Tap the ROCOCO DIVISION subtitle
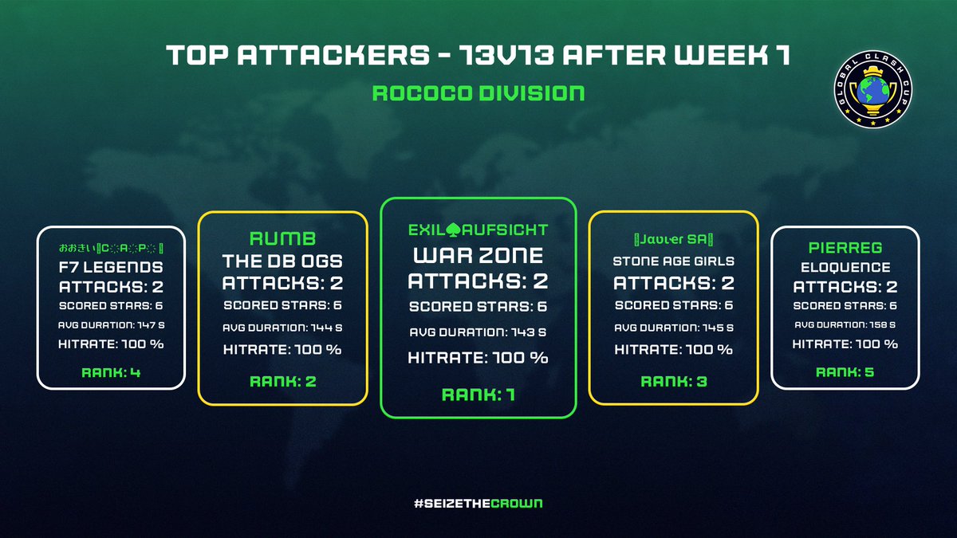click(478, 92)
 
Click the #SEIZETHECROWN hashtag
click(478, 504)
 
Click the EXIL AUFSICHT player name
click(478, 230)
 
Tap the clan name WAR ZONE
click(478, 257)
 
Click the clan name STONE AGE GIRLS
click(674, 261)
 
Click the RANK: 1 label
click(478, 394)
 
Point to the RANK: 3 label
click(674, 381)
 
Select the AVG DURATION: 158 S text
click(845, 324)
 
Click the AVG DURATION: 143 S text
click(478, 332)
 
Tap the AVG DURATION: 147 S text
click(112, 324)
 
